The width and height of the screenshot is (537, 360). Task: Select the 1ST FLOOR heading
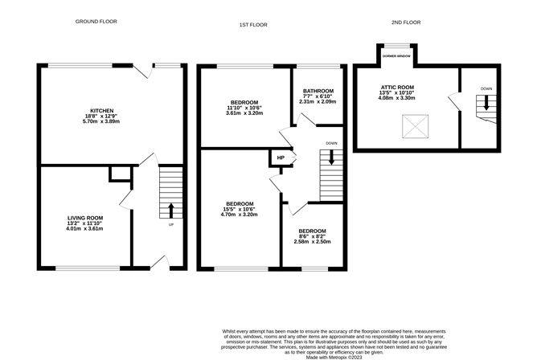point(253,25)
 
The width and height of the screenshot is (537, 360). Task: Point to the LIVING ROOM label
point(84,217)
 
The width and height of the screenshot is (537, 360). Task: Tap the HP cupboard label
point(281,157)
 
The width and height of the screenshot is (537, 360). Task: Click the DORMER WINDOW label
point(397,58)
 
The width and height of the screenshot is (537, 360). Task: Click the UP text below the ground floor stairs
point(170,224)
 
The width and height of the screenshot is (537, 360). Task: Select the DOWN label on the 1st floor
point(331,144)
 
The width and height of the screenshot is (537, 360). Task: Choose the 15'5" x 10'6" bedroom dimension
point(240,211)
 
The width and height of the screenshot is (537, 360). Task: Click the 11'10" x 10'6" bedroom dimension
point(244,108)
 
